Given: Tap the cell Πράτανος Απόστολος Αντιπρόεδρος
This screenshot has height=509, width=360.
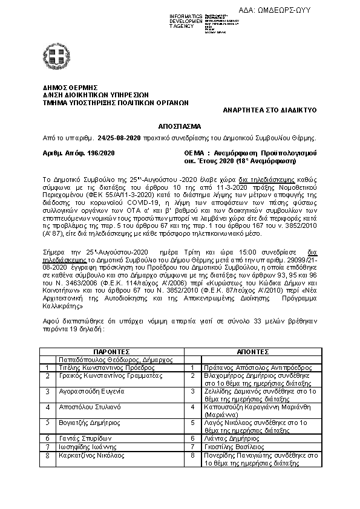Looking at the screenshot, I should coord(246,367).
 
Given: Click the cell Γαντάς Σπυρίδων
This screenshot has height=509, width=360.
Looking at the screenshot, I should coord(79,437).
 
